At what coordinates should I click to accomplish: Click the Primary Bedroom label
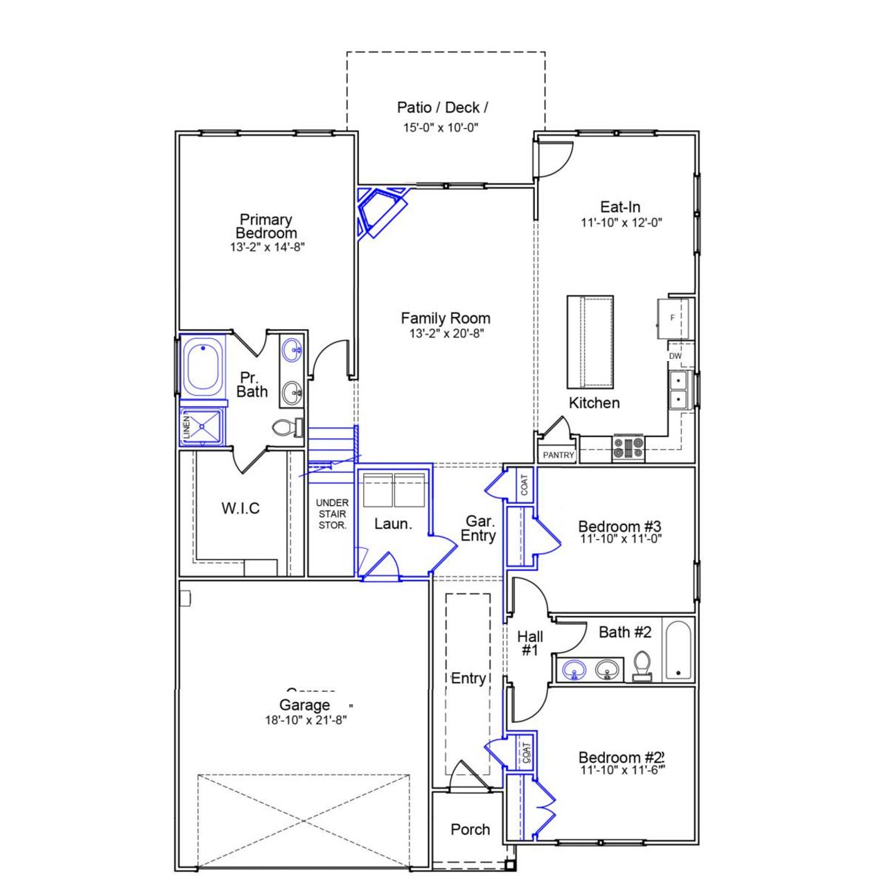[266, 226]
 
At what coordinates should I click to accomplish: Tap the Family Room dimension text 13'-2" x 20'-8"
[446, 333]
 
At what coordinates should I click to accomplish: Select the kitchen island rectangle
[590, 342]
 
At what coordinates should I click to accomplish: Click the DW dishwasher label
[675, 356]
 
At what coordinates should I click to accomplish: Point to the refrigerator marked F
[672, 318]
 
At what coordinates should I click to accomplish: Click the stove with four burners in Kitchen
[629, 447]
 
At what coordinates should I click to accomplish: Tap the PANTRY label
[559, 455]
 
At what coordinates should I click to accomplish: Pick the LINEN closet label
[186, 428]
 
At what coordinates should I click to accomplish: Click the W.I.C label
[240, 508]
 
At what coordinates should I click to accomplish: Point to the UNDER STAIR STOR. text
[332, 513]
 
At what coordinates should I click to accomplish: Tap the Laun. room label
[393, 524]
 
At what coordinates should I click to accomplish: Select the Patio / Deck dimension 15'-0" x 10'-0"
[441, 128]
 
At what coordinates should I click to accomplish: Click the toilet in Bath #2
[642, 665]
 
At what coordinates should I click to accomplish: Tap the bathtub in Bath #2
[678, 650]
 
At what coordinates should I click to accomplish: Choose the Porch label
[470, 829]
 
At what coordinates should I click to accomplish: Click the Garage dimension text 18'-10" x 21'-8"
[306, 720]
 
